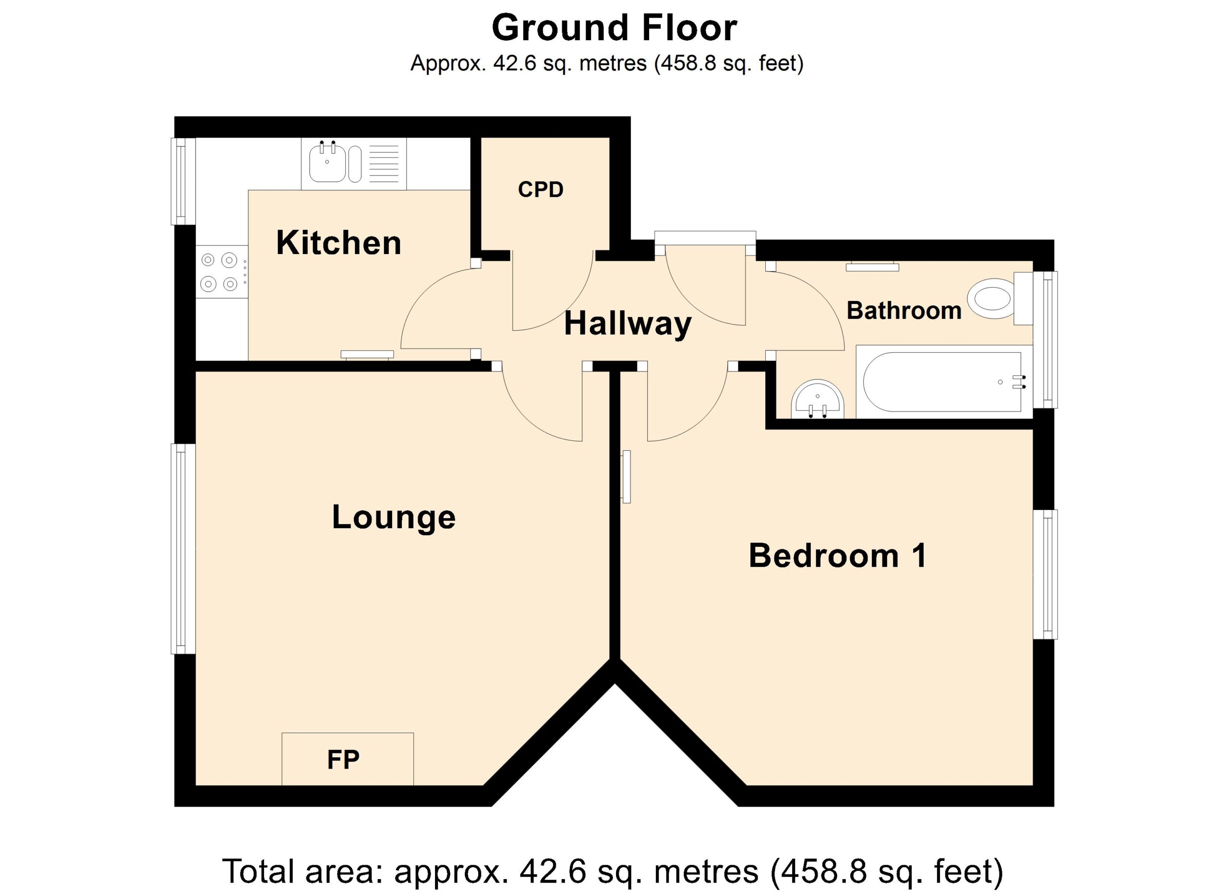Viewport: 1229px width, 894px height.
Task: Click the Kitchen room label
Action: point(338,243)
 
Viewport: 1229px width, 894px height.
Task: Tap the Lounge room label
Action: point(393,517)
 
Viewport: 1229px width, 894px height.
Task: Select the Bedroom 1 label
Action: point(838,556)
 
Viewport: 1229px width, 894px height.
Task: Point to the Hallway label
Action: point(627,325)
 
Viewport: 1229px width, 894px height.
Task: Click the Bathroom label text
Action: point(904,311)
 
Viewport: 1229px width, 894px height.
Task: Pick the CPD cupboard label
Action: point(541,190)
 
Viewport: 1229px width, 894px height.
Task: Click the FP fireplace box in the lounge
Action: point(348,759)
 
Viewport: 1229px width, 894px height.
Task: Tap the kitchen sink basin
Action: point(327,163)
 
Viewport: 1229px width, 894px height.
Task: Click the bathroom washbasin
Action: point(818,399)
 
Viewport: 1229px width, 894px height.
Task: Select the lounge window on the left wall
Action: point(183,549)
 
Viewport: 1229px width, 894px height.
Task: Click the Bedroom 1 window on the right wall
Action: point(1045,574)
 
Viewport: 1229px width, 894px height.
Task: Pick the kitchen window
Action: point(183,181)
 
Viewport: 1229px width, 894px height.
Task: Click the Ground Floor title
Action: point(614,28)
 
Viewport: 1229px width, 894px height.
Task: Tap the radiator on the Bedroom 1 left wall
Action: point(627,476)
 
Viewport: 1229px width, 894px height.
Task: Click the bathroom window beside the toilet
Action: point(1045,339)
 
